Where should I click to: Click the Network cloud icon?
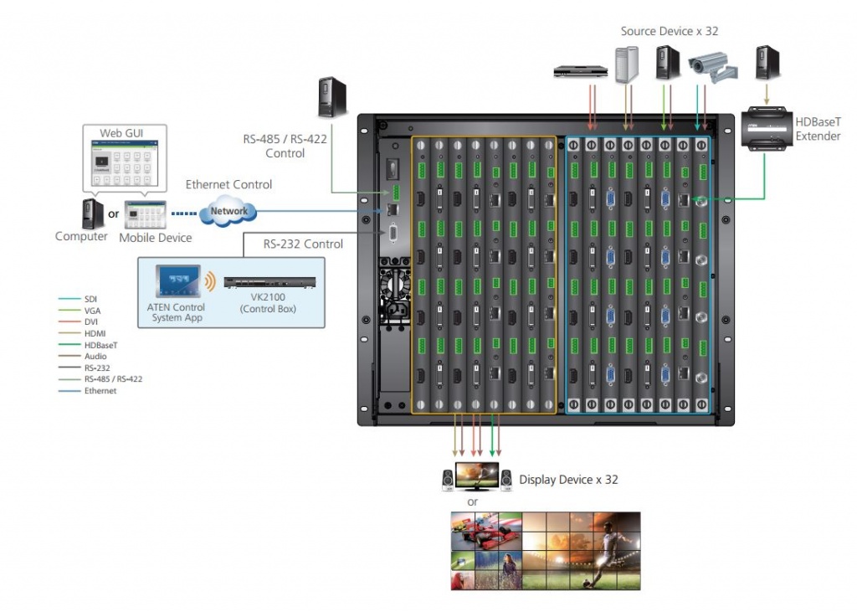[x=228, y=211]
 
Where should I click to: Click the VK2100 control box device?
[x=273, y=284]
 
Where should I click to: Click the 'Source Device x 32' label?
[x=670, y=31]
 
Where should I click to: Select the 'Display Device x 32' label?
[x=568, y=480]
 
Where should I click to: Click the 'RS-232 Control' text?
[x=303, y=244]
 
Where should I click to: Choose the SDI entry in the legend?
[x=90, y=298]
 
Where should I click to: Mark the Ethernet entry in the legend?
[x=100, y=391]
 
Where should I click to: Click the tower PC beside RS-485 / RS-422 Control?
[x=331, y=96]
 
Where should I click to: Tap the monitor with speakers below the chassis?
[x=476, y=476]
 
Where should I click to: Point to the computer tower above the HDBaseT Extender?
[x=767, y=63]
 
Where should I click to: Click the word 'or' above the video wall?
[x=473, y=501]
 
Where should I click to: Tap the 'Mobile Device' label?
[x=155, y=238]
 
